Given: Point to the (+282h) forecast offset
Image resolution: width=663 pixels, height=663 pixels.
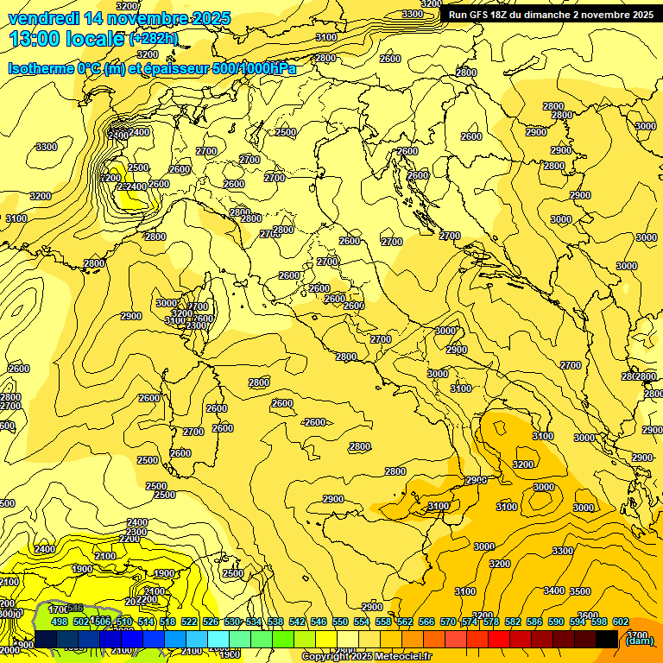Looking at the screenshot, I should [153, 39].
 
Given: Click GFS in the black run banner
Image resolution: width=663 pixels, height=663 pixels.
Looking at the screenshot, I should [483, 15].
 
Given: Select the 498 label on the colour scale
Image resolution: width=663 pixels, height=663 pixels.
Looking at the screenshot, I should [60, 622].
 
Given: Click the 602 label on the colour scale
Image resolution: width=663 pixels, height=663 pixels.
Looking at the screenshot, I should [621, 622].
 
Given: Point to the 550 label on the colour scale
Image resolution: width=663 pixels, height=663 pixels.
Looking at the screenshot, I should [340, 622].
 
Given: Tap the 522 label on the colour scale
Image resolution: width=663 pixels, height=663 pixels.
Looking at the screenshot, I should [189, 622].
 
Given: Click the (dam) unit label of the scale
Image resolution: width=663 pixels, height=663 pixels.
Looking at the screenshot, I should [638, 640].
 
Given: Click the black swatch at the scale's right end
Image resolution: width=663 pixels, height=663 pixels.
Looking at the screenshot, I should [607, 639].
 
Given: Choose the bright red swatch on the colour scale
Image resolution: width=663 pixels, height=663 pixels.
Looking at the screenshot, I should [499, 639].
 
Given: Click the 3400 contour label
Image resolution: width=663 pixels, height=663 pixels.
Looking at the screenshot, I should [554, 591].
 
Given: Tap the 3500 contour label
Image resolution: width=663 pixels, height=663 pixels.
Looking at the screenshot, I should [581, 591].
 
